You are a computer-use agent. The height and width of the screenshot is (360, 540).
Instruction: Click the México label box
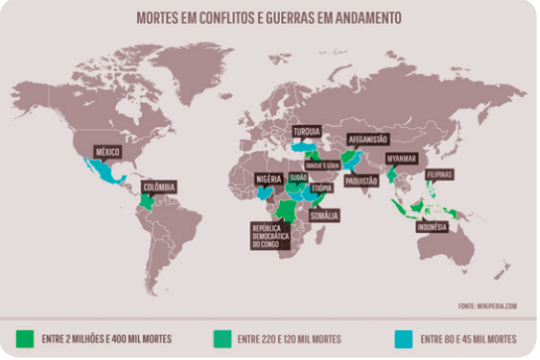click(x=107, y=151)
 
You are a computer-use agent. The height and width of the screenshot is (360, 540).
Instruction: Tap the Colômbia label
click(x=160, y=184)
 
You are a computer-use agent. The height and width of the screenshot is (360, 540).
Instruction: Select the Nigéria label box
click(x=270, y=179)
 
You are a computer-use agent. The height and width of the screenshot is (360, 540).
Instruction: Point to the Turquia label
click(x=307, y=132)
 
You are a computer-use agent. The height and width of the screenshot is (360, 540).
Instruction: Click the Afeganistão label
click(x=367, y=140)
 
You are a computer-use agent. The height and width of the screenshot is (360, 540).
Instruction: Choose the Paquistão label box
click(x=362, y=180)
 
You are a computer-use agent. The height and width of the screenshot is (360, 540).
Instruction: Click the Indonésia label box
click(x=431, y=226)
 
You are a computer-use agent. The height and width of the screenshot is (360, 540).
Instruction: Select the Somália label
click(x=325, y=215)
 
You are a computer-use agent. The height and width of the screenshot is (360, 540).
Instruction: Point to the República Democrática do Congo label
click(x=271, y=235)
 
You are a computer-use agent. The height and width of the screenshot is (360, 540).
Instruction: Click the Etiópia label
click(x=322, y=187)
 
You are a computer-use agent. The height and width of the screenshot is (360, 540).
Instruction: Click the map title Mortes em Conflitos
click(x=269, y=17)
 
